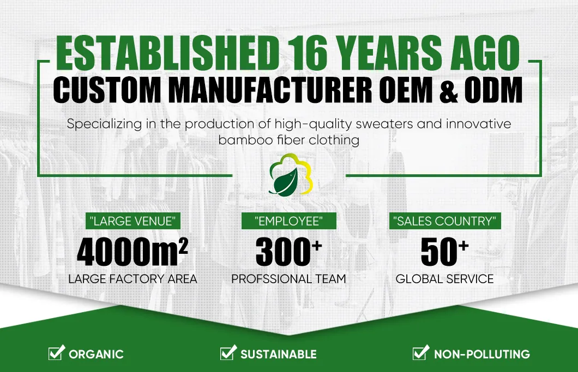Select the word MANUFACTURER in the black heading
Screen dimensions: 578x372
[x=271, y=90]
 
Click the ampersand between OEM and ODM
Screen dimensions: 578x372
[x=449, y=90]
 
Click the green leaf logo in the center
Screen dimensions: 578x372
[x=291, y=175]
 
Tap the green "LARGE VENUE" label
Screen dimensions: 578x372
[x=133, y=221]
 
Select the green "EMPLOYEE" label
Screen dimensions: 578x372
[x=288, y=221]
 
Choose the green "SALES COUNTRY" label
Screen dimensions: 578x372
[x=445, y=221]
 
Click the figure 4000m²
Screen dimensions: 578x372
[x=133, y=252]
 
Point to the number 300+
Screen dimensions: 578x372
[x=288, y=252]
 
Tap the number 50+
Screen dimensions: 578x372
[x=444, y=252]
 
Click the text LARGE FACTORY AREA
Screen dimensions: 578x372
[x=133, y=279]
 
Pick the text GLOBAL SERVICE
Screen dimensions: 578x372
[x=444, y=279]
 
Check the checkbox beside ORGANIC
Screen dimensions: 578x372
[x=56, y=352]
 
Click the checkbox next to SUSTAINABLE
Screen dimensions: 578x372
[x=228, y=352]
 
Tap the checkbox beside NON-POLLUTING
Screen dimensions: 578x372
[x=421, y=352]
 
